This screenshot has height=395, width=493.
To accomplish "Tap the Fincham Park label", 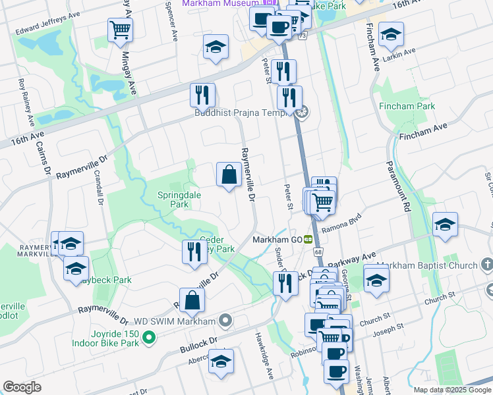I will click(407, 106).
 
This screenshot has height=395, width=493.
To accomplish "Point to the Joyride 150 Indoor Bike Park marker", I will click(149, 340).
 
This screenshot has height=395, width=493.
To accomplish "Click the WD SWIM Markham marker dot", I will click(226, 321).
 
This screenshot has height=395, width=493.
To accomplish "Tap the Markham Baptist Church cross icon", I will click(487, 265).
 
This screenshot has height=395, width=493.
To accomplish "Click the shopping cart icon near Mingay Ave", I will click(120, 29).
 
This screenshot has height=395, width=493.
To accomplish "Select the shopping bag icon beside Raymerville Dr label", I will click(229, 175).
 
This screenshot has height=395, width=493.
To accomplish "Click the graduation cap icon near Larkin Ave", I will click(391, 34).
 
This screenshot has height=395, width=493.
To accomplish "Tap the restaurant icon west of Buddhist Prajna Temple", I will click(202, 95).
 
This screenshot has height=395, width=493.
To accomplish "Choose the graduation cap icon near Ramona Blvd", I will click(445, 224).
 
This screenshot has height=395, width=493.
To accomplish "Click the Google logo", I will click(22, 387).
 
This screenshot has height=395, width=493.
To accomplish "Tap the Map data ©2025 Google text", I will click(452, 390).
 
